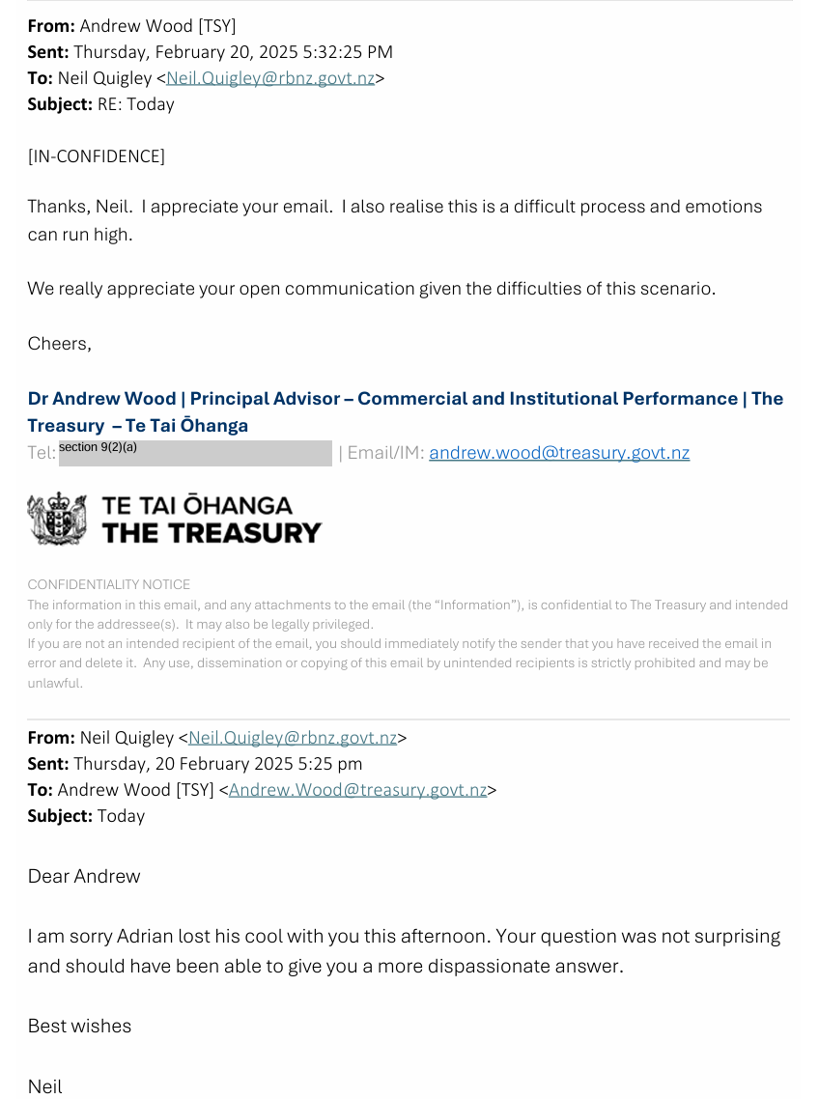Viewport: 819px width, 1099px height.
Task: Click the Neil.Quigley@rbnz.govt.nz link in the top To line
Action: tap(270, 78)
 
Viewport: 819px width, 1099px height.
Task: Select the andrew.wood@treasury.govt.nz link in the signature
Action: tap(559, 452)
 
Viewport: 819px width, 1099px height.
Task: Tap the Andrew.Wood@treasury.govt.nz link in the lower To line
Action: tap(357, 789)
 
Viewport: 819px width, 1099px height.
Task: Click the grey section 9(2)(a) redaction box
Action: tap(195, 453)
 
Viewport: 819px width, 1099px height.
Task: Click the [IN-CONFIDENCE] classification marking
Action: tap(96, 155)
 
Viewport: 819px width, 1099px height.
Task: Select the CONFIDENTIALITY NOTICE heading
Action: tap(109, 584)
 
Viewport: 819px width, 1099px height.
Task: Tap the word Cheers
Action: tap(58, 343)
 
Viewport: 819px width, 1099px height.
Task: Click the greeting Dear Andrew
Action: tap(84, 876)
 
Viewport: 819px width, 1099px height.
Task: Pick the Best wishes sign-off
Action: tap(79, 1026)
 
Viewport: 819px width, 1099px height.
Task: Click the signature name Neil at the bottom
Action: tap(44, 1086)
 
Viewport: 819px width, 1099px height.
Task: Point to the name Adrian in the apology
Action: tap(144, 936)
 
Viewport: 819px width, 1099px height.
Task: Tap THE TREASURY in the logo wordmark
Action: tap(212, 532)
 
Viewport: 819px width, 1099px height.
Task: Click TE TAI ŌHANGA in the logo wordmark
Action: tap(197, 504)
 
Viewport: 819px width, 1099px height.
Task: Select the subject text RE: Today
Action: tap(136, 104)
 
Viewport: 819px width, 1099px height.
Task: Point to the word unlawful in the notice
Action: tap(55, 683)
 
